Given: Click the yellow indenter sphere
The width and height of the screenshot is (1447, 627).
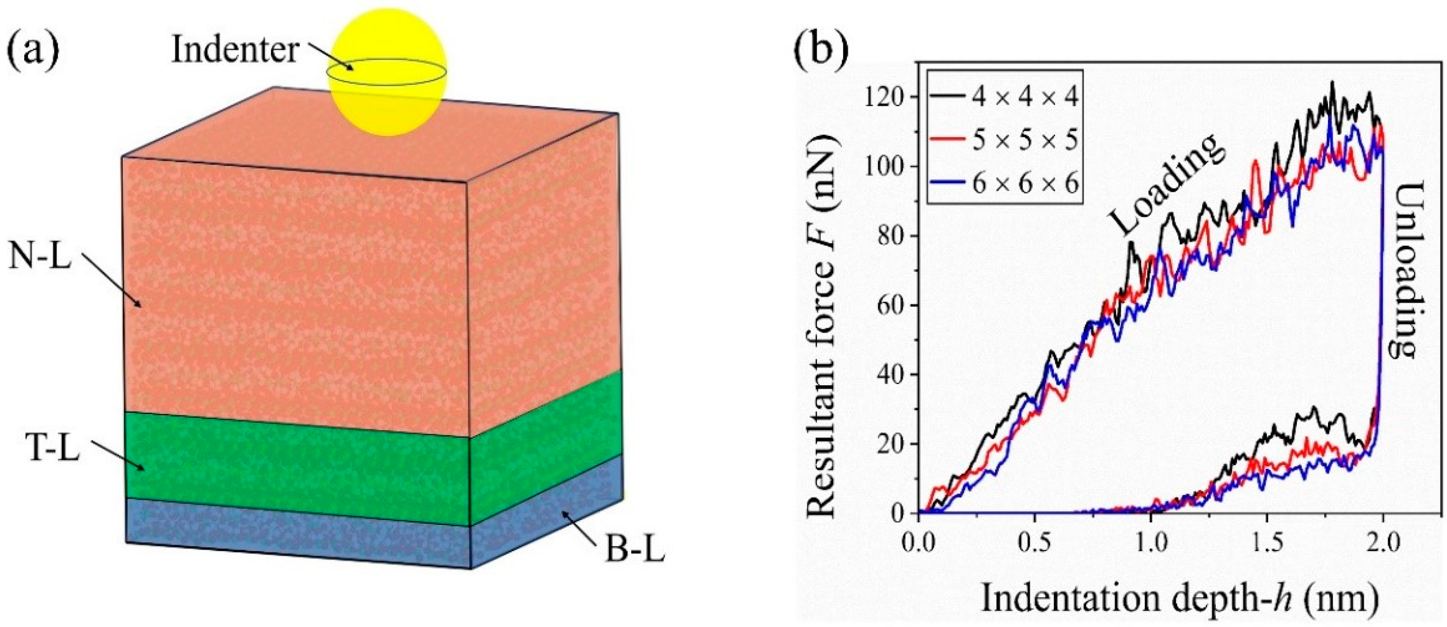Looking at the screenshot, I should coord(388,72).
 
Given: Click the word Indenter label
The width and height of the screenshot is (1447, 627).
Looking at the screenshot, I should coord(235,50).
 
